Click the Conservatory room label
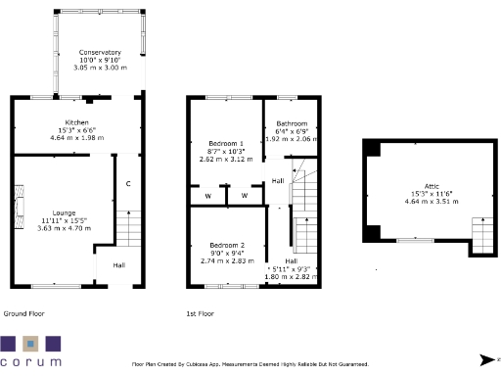(x=100, y=52)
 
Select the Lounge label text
(x=64, y=212)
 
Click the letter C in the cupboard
(x=128, y=184)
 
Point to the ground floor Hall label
(x=118, y=264)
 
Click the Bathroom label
(x=291, y=123)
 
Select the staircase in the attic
(x=481, y=233)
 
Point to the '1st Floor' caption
(x=200, y=313)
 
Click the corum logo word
(x=30, y=361)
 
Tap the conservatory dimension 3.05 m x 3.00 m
(x=100, y=67)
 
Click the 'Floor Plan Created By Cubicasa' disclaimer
(x=250, y=363)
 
